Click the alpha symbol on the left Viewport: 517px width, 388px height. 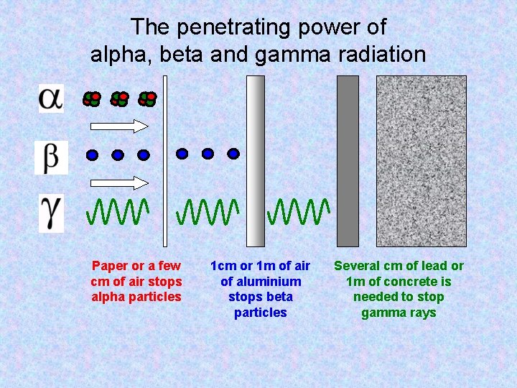(51, 98)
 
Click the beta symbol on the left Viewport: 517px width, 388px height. (51, 158)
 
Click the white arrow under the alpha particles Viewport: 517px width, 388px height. (116, 126)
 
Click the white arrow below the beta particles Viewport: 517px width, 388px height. (116, 180)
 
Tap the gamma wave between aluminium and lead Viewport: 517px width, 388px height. (298, 211)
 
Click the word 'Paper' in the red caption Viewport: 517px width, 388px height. (109, 266)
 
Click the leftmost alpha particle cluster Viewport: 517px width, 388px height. (92, 98)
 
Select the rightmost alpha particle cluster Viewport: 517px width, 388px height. (147, 98)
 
